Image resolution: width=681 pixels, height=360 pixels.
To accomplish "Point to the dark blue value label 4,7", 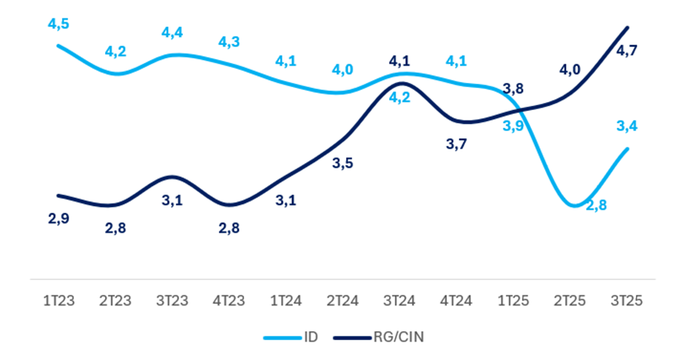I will [627, 50].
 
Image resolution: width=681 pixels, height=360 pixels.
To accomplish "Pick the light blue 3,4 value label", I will [627, 126].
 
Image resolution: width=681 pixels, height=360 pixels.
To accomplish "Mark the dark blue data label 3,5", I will [342, 163].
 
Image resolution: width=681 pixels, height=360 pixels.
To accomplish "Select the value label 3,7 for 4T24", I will [456, 145].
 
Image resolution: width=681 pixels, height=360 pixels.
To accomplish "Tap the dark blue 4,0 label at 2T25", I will [569, 70].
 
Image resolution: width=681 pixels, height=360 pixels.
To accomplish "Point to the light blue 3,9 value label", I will [513, 126].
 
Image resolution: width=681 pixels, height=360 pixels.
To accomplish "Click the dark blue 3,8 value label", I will [513, 89].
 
